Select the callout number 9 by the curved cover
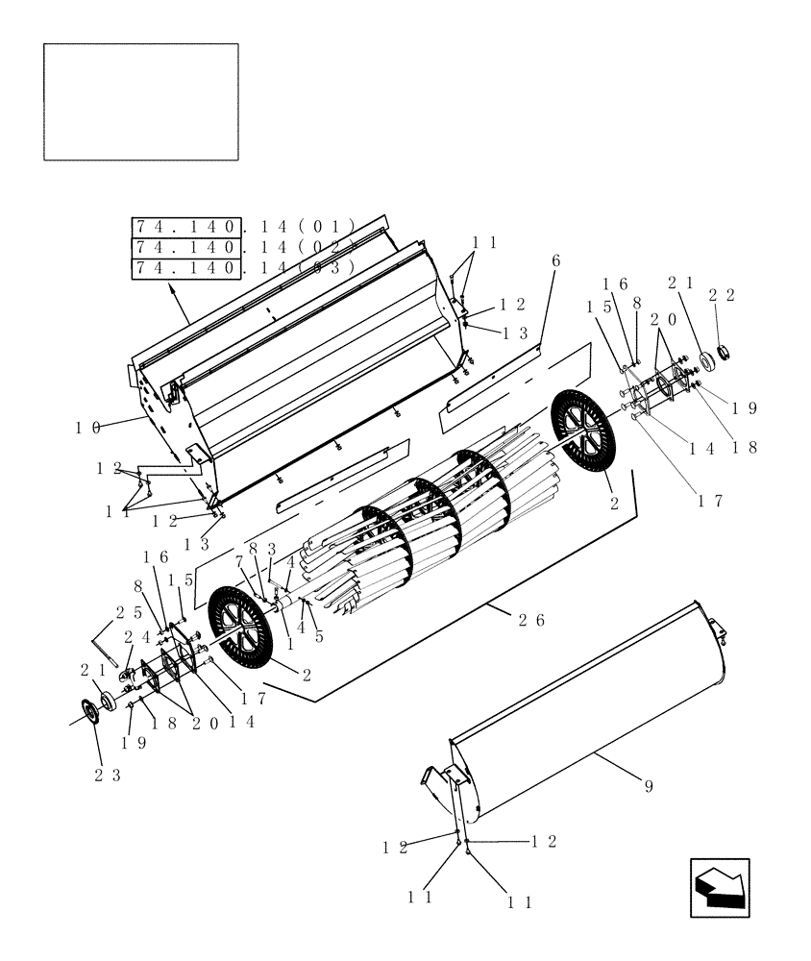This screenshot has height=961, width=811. coord(648,786)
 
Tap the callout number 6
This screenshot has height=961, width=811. coord(555,261)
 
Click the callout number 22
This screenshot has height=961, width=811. coord(722,296)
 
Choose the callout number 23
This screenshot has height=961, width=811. coord(107,776)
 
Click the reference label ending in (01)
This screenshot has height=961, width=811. coord(244,227)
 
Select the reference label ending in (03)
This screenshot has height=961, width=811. coord(244,268)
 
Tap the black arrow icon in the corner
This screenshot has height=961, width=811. coord(721,887)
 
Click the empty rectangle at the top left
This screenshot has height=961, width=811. coord(141,102)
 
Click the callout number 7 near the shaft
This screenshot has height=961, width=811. coord(239,561)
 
